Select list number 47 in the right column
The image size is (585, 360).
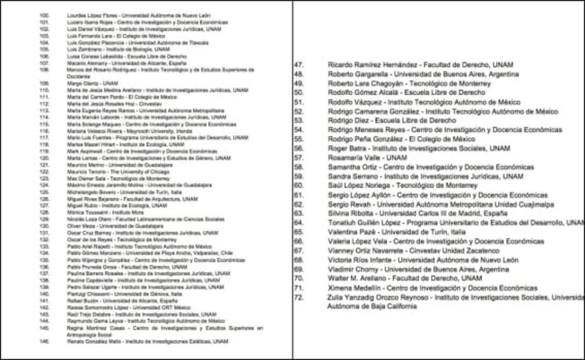299,65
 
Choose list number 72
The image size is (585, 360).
299,297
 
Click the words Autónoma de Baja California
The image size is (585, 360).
372,306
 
